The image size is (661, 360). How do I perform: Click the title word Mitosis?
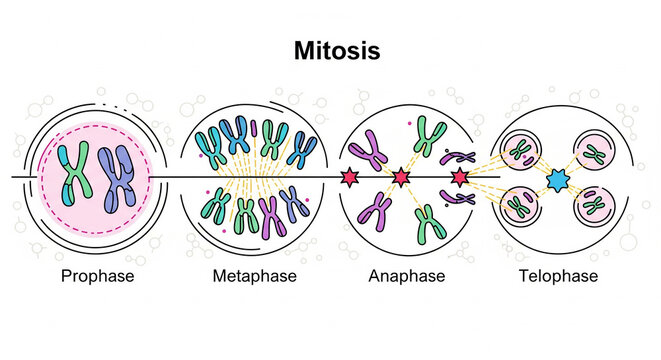pos(330,50)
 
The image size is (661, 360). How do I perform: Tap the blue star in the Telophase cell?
pos(558,180)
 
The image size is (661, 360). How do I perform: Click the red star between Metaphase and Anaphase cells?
pos(350,178)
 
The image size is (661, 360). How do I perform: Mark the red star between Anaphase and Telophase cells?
pos(460,178)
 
